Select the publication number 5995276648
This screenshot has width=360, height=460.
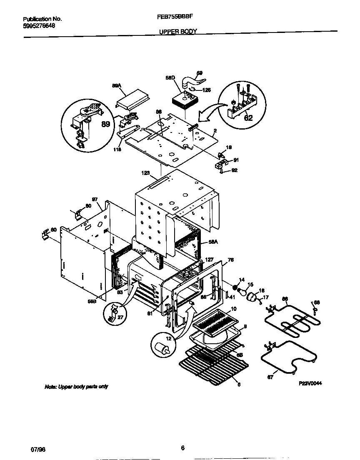[x=39, y=26]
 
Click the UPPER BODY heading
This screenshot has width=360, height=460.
[x=178, y=31]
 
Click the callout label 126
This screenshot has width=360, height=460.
[x=206, y=90]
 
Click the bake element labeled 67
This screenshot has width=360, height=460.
[x=287, y=355]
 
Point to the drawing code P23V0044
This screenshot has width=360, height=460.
[x=310, y=383]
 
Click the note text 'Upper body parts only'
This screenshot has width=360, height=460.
[x=76, y=387]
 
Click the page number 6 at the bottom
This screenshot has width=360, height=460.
[x=182, y=448]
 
